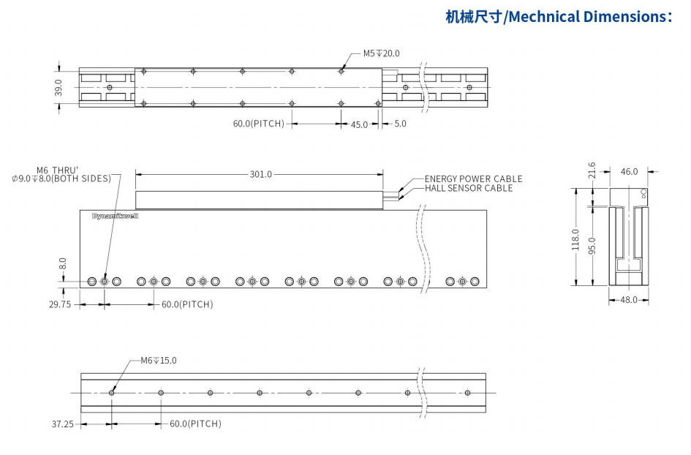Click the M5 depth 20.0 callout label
click(381, 53)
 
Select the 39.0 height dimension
click(59, 88)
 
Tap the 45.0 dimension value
click(359, 124)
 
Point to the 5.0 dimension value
click(400, 124)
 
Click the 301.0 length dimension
click(260, 174)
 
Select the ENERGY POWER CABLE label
click(473, 178)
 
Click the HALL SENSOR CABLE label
click(469, 188)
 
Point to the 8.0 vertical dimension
click(63, 262)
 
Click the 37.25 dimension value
click(61, 424)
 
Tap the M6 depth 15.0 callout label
click(158, 361)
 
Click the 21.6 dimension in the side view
click(592, 170)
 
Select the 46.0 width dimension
click(629, 172)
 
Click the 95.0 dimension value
click(592, 246)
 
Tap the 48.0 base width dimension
click(629, 300)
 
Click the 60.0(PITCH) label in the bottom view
click(195, 424)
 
